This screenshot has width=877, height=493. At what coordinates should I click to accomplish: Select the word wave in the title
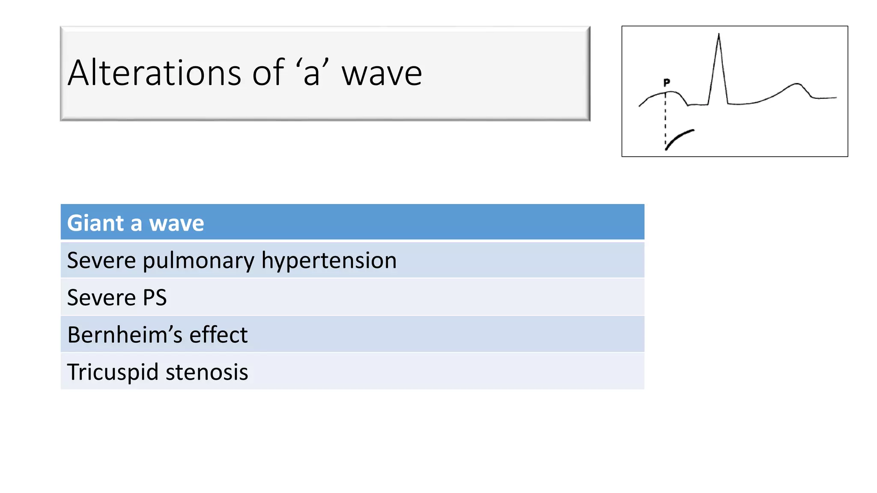pyautogui.click(x=382, y=74)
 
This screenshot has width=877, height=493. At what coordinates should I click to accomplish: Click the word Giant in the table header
pyautogui.click(x=95, y=223)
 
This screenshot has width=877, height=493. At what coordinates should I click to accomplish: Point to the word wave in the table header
pyautogui.click(x=176, y=224)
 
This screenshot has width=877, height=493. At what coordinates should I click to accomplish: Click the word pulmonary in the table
pyautogui.click(x=199, y=261)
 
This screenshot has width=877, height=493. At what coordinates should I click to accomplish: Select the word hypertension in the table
pyautogui.click(x=329, y=261)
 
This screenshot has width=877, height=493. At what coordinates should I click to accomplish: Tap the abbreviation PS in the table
pyautogui.click(x=155, y=297)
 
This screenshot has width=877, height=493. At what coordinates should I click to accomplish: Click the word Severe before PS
pyautogui.click(x=101, y=297)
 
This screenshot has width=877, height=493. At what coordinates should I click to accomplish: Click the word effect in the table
pyautogui.click(x=218, y=335)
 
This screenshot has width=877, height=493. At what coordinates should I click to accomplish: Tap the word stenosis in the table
pyautogui.click(x=207, y=372)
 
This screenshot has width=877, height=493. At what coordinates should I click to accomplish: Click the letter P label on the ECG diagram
pyautogui.click(x=667, y=82)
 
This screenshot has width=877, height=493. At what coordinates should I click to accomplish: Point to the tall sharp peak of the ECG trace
pyautogui.click(x=719, y=36)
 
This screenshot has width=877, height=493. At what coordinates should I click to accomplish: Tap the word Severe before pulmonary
pyautogui.click(x=101, y=261)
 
